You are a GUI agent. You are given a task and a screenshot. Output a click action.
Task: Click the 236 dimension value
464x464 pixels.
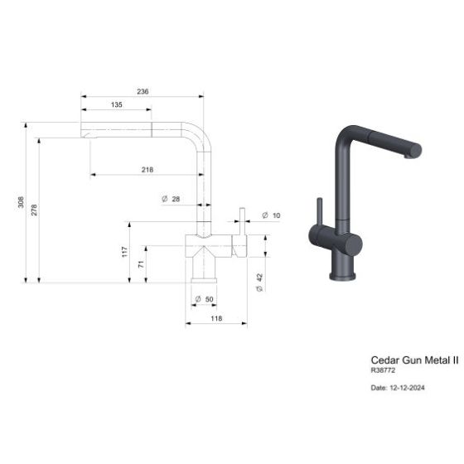pyautogui.click(x=143, y=91)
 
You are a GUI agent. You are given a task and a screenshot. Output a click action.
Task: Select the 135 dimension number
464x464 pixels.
pyautogui.click(x=117, y=104)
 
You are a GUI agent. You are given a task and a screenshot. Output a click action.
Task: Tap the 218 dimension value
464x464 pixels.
pyautogui.click(x=147, y=170)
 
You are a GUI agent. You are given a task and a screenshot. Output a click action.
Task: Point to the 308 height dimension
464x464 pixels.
pyautogui.click(x=21, y=202)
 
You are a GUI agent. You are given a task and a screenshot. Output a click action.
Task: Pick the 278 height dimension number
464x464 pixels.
pyautogui.click(x=34, y=210)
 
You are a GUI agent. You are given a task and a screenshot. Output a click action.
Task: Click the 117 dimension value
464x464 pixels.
pyautogui.click(x=124, y=252)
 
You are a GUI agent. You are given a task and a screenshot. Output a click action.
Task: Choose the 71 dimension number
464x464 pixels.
pyautogui.click(x=141, y=264)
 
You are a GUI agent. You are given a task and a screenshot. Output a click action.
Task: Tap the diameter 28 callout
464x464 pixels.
pyautogui.click(x=171, y=199)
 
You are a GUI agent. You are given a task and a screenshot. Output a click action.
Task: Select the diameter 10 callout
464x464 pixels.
pyautogui.click(x=272, y=215)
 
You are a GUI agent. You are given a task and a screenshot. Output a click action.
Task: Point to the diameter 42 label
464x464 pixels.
pyautogui.click(x=259, y=283)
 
